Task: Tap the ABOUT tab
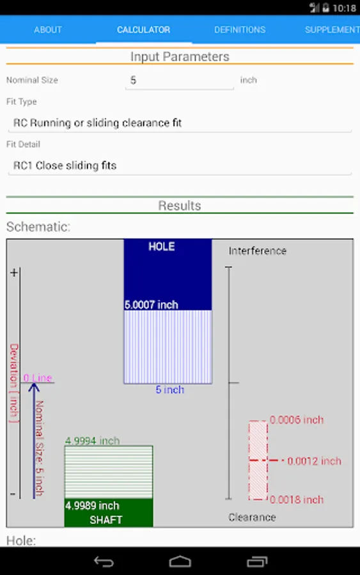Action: [48, 29]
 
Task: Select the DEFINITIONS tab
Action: [240, 29]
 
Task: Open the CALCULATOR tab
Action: [143, 29]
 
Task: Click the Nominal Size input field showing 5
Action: [180, 80]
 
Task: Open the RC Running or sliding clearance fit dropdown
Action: [180, 123]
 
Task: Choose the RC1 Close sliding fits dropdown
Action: [180, 165]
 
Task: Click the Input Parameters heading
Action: [180, 56]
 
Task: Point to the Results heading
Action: [180, 205]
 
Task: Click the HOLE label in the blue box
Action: [162, 247]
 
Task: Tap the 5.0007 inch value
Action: [151, 305]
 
